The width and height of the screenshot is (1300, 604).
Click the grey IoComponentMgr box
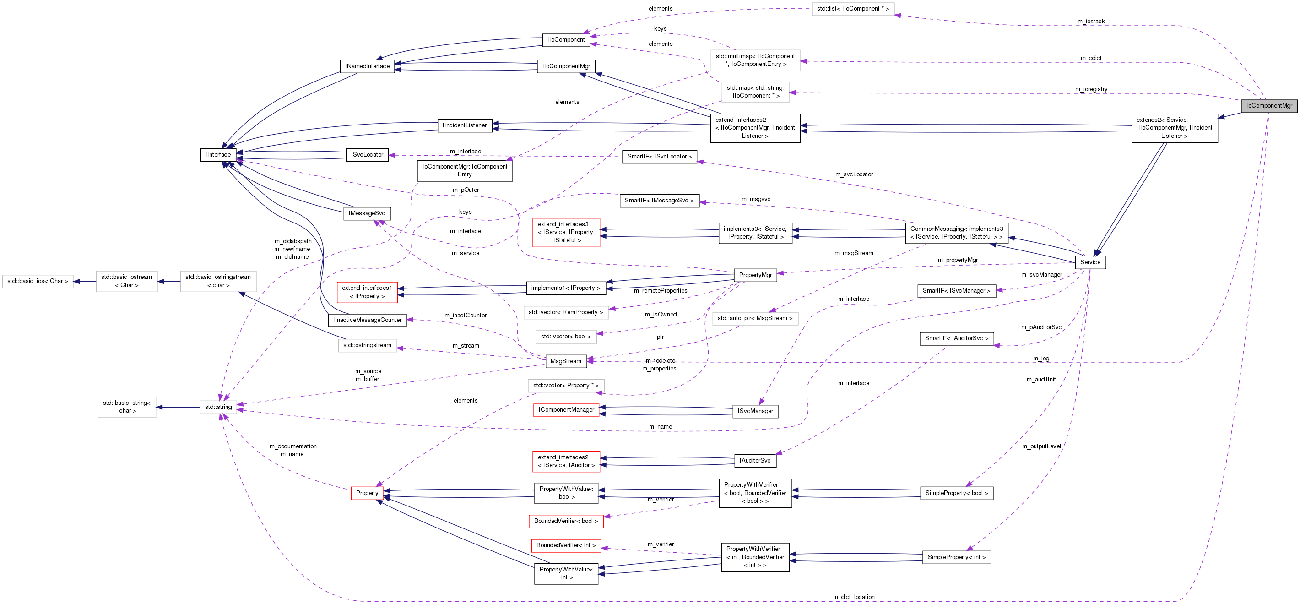1269,105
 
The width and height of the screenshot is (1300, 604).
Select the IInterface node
218,154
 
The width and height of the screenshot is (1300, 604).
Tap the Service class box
1090,262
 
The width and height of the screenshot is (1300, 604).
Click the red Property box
367,493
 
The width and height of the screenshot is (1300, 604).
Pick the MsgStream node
565,361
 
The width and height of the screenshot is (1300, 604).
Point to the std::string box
218,407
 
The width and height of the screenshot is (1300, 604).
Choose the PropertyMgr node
755,275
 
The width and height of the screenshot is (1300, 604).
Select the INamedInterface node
367,66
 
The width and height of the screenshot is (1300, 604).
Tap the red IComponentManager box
566,409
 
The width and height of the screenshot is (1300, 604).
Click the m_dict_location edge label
853,597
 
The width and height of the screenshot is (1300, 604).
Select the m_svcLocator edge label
853,174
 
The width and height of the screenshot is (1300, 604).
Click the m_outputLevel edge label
1041,446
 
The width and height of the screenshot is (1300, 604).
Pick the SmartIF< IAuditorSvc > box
956,338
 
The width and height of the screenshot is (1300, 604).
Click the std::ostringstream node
367,345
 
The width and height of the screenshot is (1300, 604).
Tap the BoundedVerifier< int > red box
566,545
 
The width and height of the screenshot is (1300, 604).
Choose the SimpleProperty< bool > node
956,493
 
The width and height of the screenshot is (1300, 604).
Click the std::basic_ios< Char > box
38,281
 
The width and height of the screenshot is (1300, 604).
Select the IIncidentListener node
464,125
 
